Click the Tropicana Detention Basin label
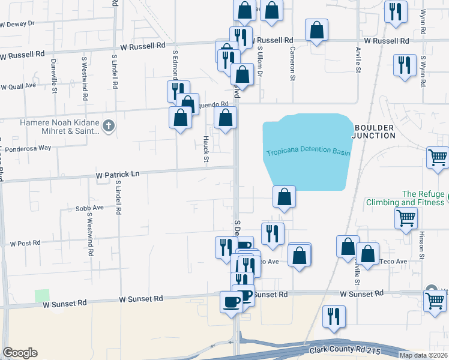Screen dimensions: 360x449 pyautogui.click(x=308, y=151)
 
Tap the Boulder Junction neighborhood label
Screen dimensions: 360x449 pyautogui.click(x=375, y=131)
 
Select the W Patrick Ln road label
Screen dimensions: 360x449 pyautogui.click(x=118, y=174)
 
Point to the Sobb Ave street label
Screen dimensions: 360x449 pyautogui.click(x=89, y=208)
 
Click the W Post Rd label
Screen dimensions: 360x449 pyautogui.click(x=25, y=243)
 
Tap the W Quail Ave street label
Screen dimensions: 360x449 pyautogui.click(x=18, y=86)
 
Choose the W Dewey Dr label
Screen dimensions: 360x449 pyautogui.click(x=18, y=24)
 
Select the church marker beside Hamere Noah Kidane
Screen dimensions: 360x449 pyautogui.click(x=108, y=126)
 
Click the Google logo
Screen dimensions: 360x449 pyautogui.click(x=20, y=353)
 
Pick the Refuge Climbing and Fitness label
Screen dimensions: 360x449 pyautogui.click(x=406, y=198)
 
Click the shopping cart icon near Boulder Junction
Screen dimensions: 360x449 pyautogui.click(x=438, y=158)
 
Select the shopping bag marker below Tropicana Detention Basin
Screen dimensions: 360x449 pyautogui.click(x=284, y=197)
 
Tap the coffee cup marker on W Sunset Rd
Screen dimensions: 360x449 pyautogui.click(x=231, y=302)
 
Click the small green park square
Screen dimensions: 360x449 pyautogui.click(x=42, y=296)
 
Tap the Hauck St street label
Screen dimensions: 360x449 pyautogui.click(x=205, y=149)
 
